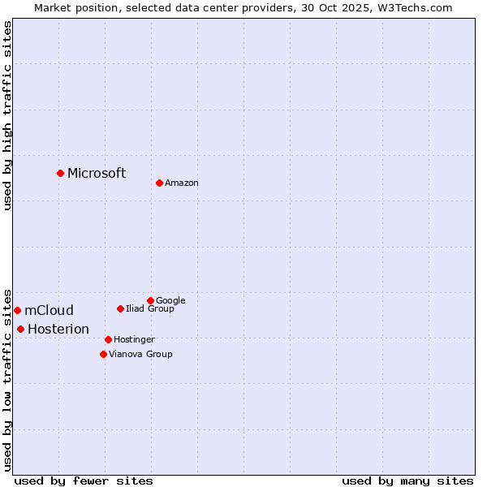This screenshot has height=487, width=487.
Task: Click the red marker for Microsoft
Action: click(x=60, y=173)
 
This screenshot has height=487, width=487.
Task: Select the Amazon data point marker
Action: click(x=159, y=183)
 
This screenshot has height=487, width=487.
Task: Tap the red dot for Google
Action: click(x=150, y=300)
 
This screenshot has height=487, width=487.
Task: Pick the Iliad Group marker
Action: click(x=120, y=308)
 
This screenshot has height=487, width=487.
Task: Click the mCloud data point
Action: click(x=17, y=310)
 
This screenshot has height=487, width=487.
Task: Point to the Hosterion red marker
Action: click(x=20, y=329)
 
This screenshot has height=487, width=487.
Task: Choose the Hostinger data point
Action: click(x=108, y=339)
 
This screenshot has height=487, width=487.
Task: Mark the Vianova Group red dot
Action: click(x=103, y=354)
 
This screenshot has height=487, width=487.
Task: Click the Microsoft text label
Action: click(x=97, y=173)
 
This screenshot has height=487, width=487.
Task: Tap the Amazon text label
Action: click(x=182, y=183)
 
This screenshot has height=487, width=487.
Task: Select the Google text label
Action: click(x=170, y=300)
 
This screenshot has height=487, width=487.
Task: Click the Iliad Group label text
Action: click(x=150, y=308)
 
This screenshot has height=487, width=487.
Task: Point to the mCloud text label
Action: click(x=49, y=310)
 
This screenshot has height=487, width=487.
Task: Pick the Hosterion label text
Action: click(x=58, y=329)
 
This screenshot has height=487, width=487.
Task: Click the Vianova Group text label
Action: click(x=140, y=355)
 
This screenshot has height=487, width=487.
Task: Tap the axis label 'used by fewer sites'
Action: click(x=84, y=481)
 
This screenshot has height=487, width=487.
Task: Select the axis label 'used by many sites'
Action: click(x=407, y=481)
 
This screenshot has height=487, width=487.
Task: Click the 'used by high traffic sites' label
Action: click(x=7, y=115)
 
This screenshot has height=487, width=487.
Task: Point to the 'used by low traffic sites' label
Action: click(x=7, y=379)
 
